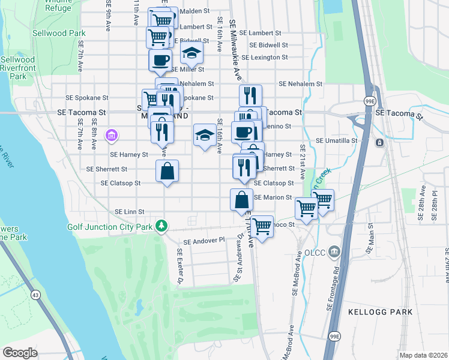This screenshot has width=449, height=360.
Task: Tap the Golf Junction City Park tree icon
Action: point(160,226)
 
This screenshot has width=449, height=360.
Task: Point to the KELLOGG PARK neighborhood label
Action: point(380,312)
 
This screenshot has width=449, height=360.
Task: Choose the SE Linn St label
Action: point(130,212)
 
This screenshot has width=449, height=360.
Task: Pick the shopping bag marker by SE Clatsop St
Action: point(167,171)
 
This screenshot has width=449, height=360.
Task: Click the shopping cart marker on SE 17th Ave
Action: point(262,226)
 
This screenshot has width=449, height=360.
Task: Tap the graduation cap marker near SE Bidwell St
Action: point(192,54)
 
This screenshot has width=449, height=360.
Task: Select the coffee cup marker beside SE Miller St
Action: point(160,60)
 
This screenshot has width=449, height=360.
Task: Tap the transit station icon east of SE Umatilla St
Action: point(379,142)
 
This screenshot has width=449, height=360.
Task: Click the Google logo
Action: point(20,353)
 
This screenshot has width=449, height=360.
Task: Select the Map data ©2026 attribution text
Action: point(423,355)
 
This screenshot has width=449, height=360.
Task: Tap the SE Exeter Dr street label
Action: point(179,266)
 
